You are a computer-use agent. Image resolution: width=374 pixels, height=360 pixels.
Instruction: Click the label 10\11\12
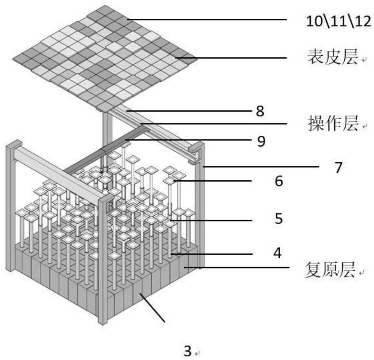click(x=338, y=22)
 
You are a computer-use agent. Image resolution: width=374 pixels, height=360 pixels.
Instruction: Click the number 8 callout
click(x=260, y=112)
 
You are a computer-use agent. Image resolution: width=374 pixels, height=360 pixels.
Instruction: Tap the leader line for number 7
click(x=261, y=167)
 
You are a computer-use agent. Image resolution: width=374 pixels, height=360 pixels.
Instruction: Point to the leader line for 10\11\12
click(x=208, y=19)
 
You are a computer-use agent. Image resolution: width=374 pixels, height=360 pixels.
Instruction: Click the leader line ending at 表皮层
click(x=231, y=58)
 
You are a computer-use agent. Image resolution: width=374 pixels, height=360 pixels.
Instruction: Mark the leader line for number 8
click(x=185, y=111)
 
